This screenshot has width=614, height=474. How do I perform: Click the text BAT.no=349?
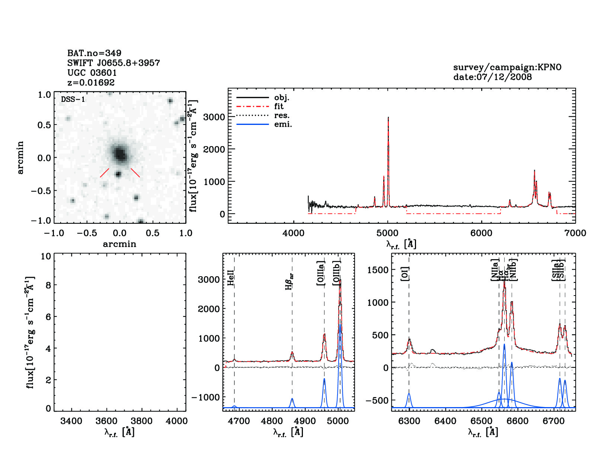(x=94, y=53)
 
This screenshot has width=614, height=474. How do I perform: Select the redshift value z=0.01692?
(x=91, y=83)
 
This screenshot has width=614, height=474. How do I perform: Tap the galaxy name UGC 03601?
(x=92, y=73)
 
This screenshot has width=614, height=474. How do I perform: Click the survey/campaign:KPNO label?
(x=507, y=67)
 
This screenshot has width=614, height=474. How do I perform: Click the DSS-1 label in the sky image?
(x=73, y=99)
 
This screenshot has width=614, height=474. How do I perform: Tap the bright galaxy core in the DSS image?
(x=119, y=153)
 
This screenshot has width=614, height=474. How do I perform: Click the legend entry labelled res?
(x=282, y=115)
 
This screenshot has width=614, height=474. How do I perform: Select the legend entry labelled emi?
(x=283, y=124)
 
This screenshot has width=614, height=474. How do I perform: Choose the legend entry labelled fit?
(x=279, y=106)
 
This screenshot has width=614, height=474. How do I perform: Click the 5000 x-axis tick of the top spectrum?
(x=387, y=233)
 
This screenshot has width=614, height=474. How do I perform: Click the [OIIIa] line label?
(x=321, y=273)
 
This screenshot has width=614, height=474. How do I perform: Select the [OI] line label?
(x=405, y=274)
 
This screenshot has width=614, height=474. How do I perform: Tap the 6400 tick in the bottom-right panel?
(x=445, y=421)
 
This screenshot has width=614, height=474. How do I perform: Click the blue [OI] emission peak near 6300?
(x=409, y=394)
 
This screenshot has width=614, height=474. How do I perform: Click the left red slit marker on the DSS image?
(x=105, y=173)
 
